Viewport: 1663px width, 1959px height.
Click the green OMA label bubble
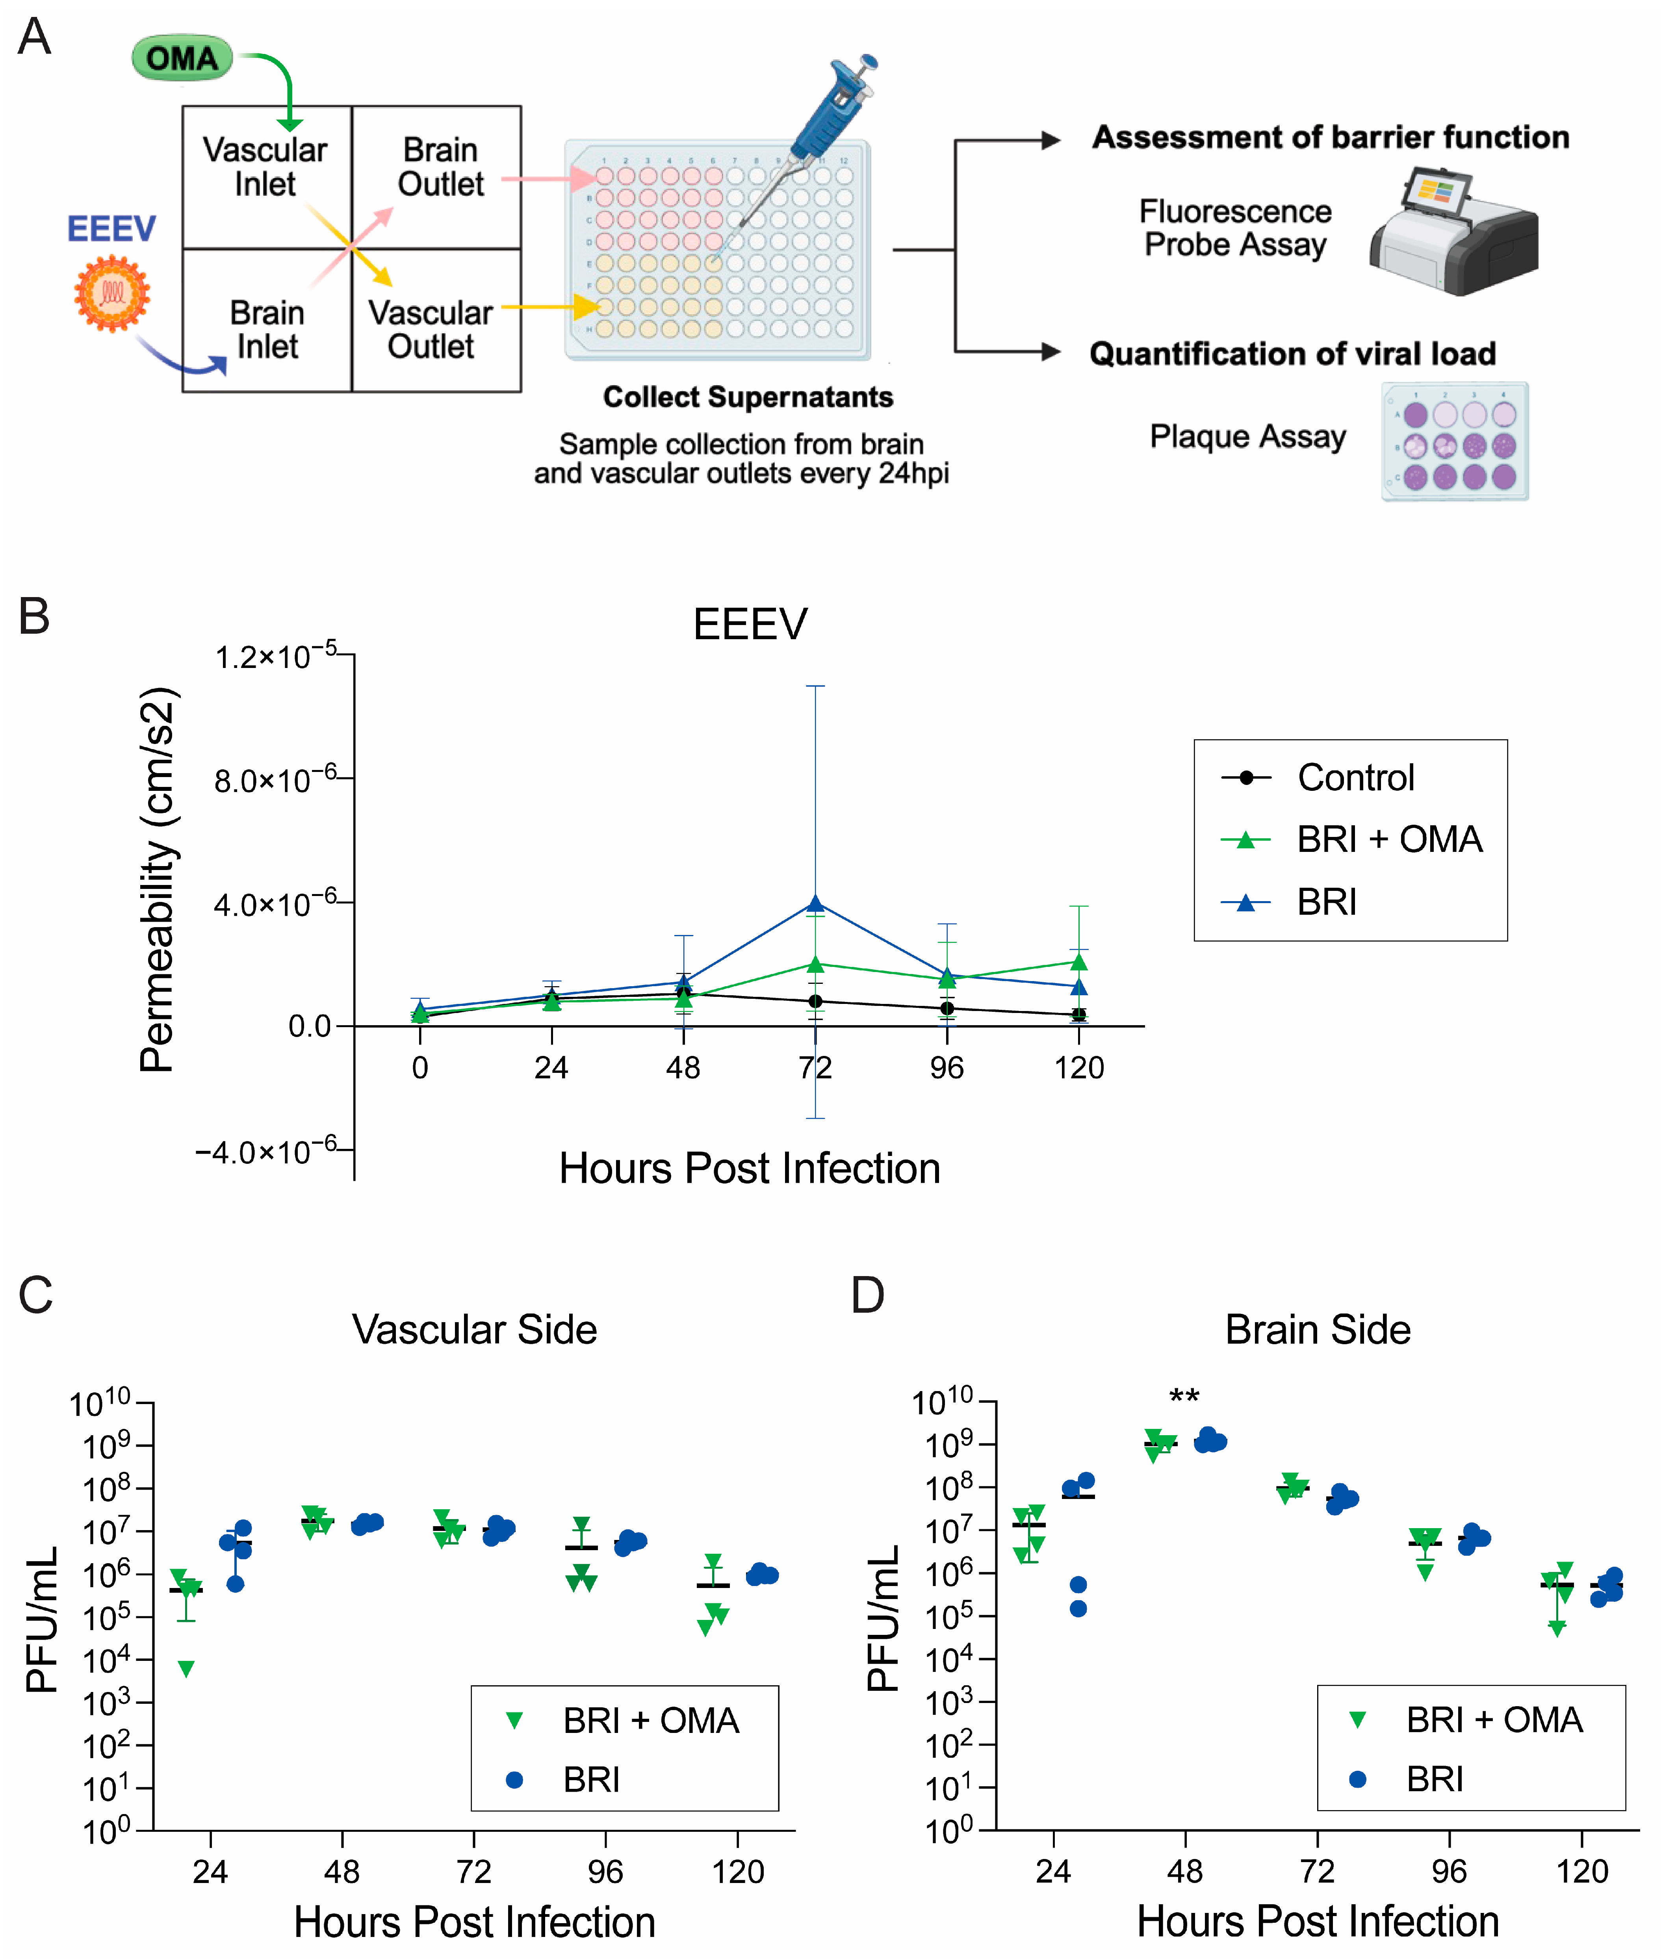pyautogui.click(x=182, y=58)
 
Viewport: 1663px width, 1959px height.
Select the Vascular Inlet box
pyautogui.click(x=267, y=177)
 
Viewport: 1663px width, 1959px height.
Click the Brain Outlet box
pyautogui.click(x=436, y=177)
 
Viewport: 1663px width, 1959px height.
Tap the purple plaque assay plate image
pyautogui.click(x=1455, y=441)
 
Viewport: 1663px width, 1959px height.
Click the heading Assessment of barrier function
pyautogui.click(x=1330, y=137)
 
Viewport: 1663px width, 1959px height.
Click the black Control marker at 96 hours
pyautogui.click(x=947, y=1009)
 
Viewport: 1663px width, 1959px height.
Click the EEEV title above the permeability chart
pyautogui.click(x=750, y=624)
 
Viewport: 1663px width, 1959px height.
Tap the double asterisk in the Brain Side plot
pyautogui.click(x=1184, y=1397)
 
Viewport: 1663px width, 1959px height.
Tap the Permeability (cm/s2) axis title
pyautogui.click(x=158, y=879)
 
